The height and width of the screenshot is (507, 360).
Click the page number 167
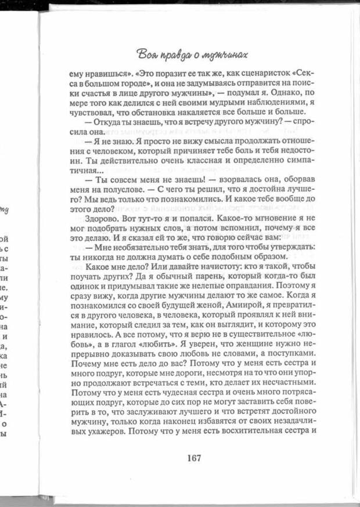194,458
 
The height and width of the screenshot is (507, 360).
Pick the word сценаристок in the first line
261,74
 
